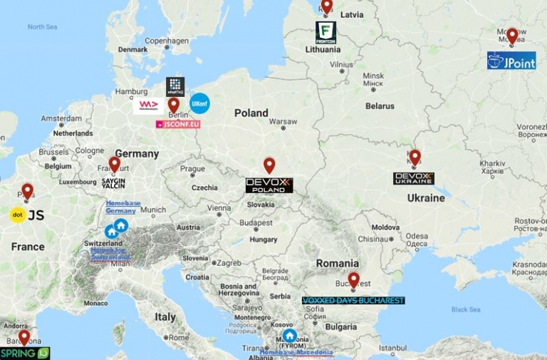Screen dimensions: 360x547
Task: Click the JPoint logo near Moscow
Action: tap(511, 61)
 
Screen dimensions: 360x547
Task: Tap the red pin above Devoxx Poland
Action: tap(269, 165)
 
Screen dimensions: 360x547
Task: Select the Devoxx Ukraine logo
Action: tap(413, 178)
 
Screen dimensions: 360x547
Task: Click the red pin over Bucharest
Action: tap(353, 279)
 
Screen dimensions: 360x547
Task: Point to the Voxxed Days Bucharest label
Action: tap(353, 301)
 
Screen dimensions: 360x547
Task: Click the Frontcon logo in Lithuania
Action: tap(326, 32)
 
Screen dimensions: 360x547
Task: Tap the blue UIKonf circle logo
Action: tap(199, 103)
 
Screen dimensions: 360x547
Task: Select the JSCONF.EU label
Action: tap(178, 124)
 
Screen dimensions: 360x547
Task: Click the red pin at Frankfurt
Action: tap(115, 165)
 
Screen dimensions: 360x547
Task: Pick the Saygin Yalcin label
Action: tap(113, 182)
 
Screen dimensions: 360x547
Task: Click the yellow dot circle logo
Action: tap(18, 215)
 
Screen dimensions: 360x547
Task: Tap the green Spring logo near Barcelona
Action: tap(25, 353)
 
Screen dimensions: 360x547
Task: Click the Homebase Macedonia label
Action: tap(296, 353)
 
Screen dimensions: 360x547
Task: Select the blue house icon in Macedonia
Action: tap(289, 336)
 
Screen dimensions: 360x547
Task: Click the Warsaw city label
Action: tap(283, 120)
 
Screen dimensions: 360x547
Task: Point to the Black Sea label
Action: tap(465, 309)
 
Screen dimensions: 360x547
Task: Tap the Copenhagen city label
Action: tap(165, 41)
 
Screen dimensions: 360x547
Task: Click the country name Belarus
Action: tap(380, 106)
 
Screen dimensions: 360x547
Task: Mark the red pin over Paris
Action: tap(27, 191)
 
